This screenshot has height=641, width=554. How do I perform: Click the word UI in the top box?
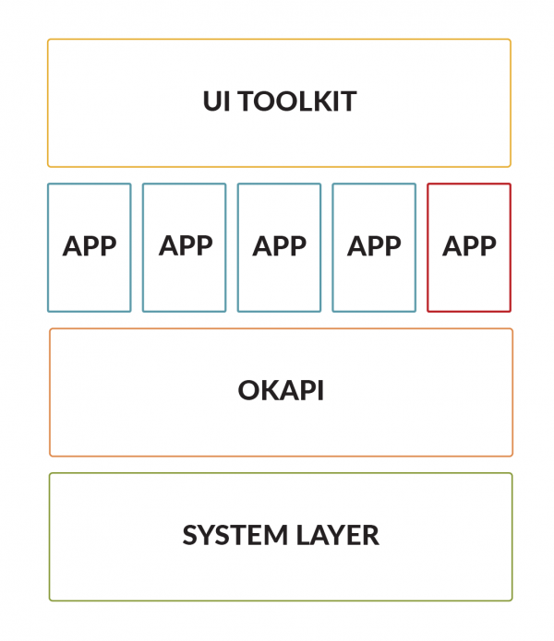[216, 101]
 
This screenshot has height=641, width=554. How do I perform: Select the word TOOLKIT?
[297, 101]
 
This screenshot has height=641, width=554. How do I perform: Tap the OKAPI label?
[281, 390]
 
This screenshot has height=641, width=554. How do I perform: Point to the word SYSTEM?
[235, 535]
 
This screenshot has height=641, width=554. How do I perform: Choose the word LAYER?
[338, 535]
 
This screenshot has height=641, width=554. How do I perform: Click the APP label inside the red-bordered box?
[469, 246]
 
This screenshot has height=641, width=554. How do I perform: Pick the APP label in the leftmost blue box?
[90, 246]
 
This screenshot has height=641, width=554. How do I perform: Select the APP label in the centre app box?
[280, 246]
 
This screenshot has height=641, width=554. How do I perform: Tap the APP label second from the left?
[186, 245]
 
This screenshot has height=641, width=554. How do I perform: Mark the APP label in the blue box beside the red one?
[374, 246]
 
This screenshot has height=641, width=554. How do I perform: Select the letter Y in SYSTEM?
[206, 535]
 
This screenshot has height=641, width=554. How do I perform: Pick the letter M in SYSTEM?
[276, 535]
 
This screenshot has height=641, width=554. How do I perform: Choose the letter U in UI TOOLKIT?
[212, 101]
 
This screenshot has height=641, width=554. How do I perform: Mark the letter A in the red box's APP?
[452, 246]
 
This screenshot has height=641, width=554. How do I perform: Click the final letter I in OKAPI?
[321, 390]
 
